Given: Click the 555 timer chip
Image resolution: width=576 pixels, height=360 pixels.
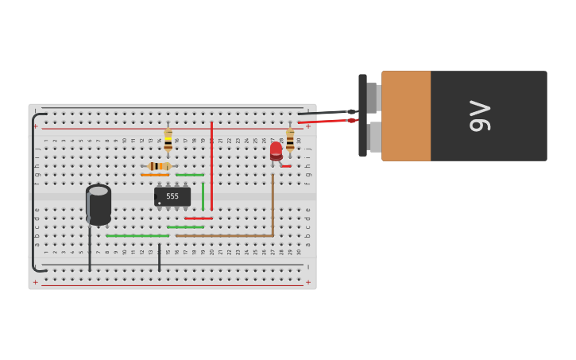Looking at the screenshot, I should (172, 196).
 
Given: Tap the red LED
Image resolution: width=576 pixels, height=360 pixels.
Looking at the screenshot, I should (276, 150).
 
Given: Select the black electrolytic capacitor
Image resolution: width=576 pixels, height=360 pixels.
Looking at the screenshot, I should (99, 205).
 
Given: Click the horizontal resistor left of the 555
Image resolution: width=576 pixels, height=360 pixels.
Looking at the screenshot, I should (159, 166).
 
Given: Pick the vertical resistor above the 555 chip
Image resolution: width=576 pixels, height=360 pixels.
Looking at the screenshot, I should (168, 140).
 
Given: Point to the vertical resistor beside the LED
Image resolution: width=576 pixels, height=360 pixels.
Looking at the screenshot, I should (290, 140).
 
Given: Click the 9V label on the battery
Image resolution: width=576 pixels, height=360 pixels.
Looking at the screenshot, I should (480, 116).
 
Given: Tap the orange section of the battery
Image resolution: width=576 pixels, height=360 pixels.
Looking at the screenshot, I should (406, 116).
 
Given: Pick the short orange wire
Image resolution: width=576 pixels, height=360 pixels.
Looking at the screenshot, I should (155, 175).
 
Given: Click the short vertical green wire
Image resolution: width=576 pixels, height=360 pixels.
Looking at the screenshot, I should (203, 196).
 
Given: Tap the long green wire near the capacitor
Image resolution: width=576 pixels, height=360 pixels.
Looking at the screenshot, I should (137, 235).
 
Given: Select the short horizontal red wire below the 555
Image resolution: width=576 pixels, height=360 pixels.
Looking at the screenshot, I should (198, 219).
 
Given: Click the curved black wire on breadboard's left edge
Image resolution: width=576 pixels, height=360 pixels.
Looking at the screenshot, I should (33, 191).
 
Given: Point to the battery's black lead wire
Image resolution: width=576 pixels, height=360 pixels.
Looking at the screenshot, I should (326, 113).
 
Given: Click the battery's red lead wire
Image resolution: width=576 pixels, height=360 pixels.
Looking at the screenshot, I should (326, 121).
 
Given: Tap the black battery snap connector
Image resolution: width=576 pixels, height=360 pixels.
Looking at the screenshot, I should (363, 115).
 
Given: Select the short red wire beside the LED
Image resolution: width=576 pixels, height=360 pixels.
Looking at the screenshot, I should (286, 166).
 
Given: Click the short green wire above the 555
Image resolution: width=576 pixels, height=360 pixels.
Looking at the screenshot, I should (189, 175).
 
